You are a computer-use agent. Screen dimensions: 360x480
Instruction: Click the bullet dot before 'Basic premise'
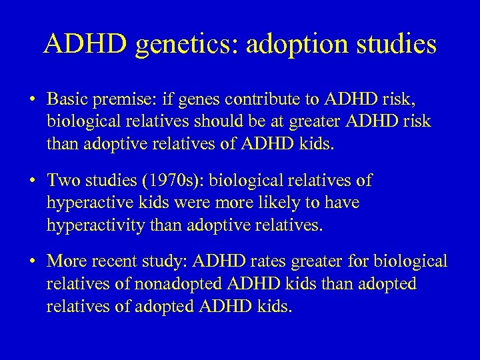tap(33, 101)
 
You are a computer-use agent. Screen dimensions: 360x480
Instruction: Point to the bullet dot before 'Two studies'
tap(33, 181)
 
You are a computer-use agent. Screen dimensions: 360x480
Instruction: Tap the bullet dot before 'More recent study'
tap(33, 262)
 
